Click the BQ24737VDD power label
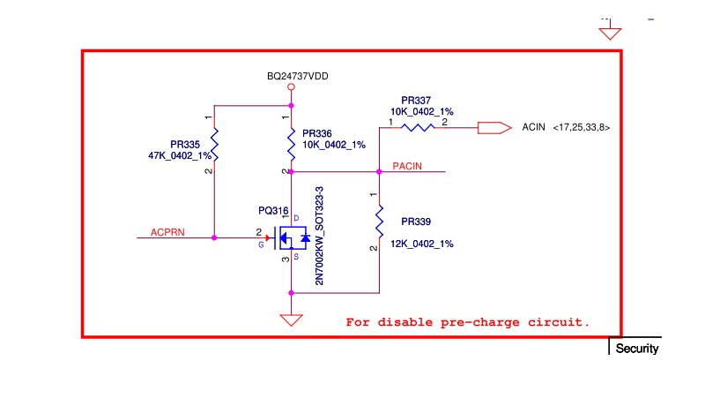(x=297, y=76)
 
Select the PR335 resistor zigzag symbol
(x=214, y=144)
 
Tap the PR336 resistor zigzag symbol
(x=292, y=144)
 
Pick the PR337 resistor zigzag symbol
(x=418, y=128)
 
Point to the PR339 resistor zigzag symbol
(x=380, y=222)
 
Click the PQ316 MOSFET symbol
(x=291, y=237)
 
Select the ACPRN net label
(x=167, y=232)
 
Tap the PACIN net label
(x=407, y=166)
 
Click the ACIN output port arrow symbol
(x=494, y=128)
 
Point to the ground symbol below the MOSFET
(x=292, y=320)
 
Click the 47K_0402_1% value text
(x=180, y=155)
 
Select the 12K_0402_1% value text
(x=422, y=244)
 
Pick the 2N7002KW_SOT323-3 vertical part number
(x=319, y=236)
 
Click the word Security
(x=637, y=349)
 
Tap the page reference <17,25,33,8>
(x=582, y=128)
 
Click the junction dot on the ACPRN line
(x=214, y=237)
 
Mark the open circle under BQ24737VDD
(x=292, y=86)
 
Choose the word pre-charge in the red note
(x=479, y=322)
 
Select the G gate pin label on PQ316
(x=261, y=244)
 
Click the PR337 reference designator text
(x=416, y=101)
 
